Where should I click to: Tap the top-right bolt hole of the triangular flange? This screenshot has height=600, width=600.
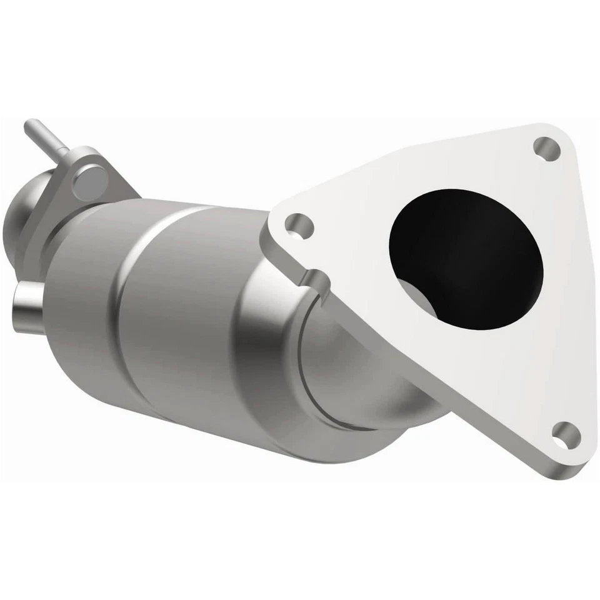click(x=547, y=149)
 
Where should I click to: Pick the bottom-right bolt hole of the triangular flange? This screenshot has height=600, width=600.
click(x=565, y=432)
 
